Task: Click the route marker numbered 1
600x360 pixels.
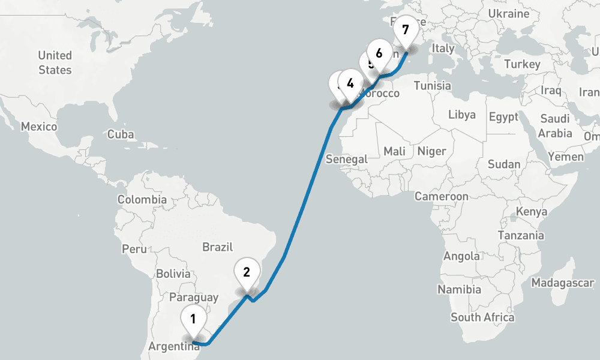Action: point(193,319)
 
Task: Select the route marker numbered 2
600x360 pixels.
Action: point(247,272)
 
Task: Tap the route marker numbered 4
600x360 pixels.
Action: point(350,83)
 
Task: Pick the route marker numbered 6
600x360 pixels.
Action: point(379,52)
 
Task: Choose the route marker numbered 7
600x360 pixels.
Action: point(406,29)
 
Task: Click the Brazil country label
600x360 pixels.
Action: point(217,247)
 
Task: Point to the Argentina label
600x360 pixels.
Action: point(173,346)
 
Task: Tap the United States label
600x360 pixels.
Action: point(55,62)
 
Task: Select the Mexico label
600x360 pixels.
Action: point(39,127)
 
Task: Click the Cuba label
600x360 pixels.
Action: point(121,134)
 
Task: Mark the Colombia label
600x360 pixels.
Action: point(142,199)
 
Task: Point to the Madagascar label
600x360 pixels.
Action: point(563,282)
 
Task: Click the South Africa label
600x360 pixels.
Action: point(482,317)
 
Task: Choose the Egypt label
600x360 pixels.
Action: point(503,117)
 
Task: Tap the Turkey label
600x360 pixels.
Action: point(522,64)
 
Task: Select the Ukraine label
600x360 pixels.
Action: point(509,13)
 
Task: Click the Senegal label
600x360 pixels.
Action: point(346,159)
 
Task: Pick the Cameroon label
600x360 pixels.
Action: point(441,196)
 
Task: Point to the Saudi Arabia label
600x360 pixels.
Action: point(555,125)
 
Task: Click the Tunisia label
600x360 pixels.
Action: point(432,85)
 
